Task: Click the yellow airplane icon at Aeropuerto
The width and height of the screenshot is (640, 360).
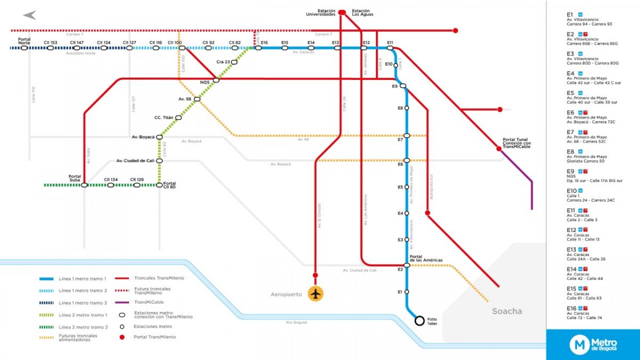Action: (x=316, y=293)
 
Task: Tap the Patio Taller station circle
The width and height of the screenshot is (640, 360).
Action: (x=420, y=321)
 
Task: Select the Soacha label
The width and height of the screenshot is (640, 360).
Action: (x=507, y=311)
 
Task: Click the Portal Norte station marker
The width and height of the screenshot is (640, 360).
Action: (x=24, y=48)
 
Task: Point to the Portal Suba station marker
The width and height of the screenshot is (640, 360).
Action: (x=84, y=185)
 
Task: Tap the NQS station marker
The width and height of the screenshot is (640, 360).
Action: (x=216, y=81)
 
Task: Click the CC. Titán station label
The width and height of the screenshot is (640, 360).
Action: (x=164, y=117)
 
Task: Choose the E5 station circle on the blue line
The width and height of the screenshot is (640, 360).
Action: (x=407, y=187)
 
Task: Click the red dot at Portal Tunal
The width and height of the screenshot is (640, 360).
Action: (x=499, y=149)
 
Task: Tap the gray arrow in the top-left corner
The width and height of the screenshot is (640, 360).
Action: (x=29, y=15)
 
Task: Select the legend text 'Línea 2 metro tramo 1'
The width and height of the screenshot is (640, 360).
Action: (x=83, y=315)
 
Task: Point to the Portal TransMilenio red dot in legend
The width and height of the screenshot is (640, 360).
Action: (x=122, y=337)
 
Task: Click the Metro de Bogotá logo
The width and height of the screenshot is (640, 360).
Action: (x=593, y=345)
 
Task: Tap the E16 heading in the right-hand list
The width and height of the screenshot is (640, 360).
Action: (x=571, y=308)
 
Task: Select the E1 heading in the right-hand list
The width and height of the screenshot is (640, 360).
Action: (x=570, y=14)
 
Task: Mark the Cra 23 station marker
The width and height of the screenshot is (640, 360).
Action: (x=234, y=62)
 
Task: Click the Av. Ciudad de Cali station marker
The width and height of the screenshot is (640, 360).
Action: (x=159, y=161)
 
